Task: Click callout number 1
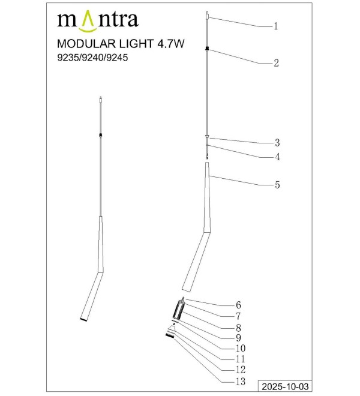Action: point(276,26)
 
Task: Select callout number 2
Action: point(276,63)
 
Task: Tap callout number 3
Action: point(277,143)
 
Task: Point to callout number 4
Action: point(277,157)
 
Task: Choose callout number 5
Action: point(277,185)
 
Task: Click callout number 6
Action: point(238,305)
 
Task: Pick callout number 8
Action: point(238,328)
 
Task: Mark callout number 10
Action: point(241,349)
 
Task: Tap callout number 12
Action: point(241,370)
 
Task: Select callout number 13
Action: point(241,382)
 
